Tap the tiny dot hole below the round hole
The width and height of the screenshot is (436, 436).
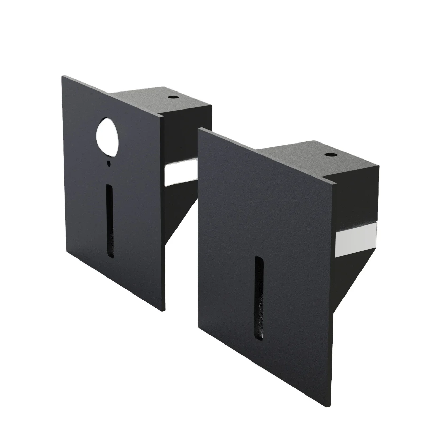coord(108,163)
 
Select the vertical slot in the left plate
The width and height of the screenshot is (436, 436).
coord(110,221)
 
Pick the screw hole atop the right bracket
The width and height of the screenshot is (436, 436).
coord(329,155)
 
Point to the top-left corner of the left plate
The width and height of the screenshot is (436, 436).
coord(62,76)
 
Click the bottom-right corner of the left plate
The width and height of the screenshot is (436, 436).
coord(164,310)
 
